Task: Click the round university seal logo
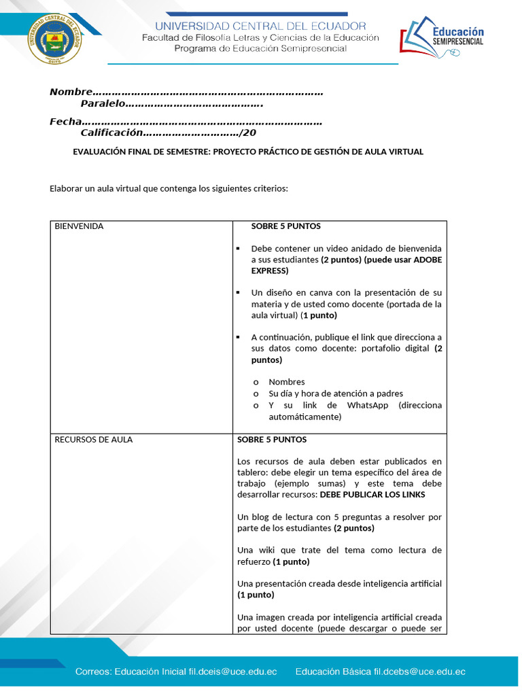[x=55, y=40]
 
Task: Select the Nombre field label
[x=70, y=92]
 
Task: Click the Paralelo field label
[x=103, y=103]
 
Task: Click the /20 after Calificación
[x=248, y=133]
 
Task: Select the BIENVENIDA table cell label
[x=79, y=226]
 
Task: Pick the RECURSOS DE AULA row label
[x=93, y=440]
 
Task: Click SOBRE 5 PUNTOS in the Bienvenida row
[x=285, y=226]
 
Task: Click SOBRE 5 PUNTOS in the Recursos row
[x=272, y=440]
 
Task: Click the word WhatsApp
[x=367, y=405]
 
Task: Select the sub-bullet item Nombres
[x=286, y=382]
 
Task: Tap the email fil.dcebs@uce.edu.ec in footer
[x=419, y=672]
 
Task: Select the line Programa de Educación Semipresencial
[x=260, y=48]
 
